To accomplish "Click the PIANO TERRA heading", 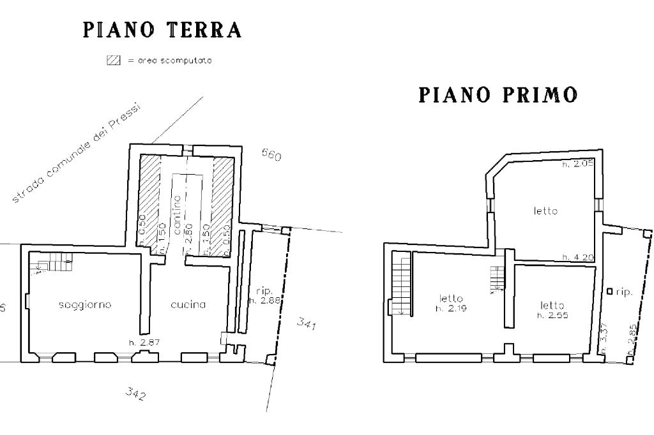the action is [x=162, y=30].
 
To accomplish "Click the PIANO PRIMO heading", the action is [x=498, y=95].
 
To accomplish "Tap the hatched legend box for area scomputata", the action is [x=113, y=61].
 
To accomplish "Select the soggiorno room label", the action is [x=85, y=305].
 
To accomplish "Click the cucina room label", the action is [x=188, y=305].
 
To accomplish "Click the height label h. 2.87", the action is [x=144, y=343].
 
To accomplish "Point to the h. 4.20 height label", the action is [x=578, y=257].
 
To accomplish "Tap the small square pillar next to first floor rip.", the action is [x=609, y=291].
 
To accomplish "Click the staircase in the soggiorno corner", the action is [x=51, y=261].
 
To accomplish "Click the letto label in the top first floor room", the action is [x=546, y=210].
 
